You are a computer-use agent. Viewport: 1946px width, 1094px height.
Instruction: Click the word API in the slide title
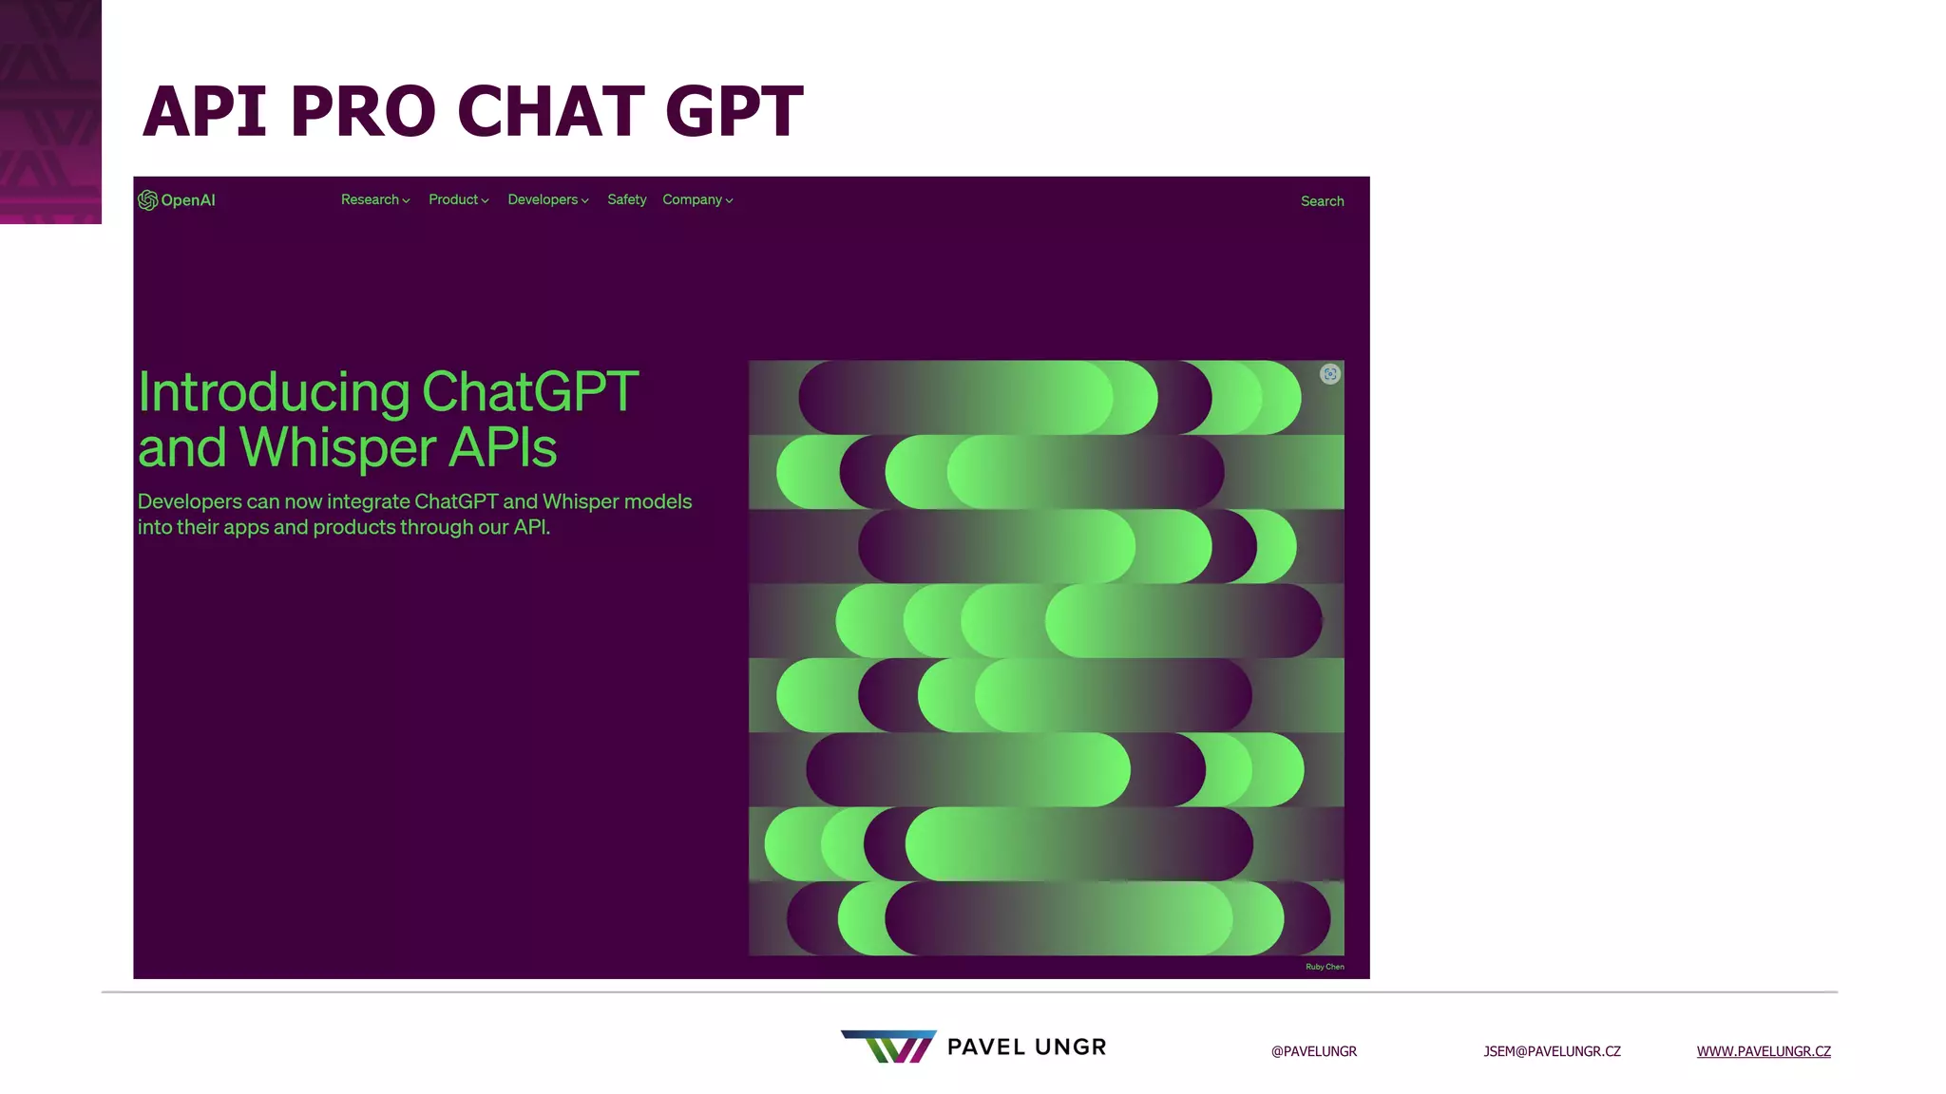(x=204, y=111)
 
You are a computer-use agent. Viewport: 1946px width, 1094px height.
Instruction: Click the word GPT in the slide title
(x=734, y=111)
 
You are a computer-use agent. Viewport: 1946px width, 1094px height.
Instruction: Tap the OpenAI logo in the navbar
(x=177, y=200)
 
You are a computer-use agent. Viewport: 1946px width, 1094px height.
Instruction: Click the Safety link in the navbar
(x=626, y=199)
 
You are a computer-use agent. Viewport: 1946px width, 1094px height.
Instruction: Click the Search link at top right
(x=1322, y=201)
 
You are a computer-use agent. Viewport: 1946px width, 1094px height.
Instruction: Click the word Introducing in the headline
(x=274, y=392)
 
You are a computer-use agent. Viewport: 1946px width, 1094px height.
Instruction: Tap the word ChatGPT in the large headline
(x=529, y=392)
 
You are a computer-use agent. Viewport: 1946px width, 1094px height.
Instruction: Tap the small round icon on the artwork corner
(x=1329, y=374)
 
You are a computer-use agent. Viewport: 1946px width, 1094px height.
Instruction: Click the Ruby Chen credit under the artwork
(x=1325, y=967)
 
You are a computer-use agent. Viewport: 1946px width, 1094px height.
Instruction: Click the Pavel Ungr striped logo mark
(x=888, y=1046)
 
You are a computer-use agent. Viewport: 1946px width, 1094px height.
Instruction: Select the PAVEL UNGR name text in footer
(x=1026, y=1047)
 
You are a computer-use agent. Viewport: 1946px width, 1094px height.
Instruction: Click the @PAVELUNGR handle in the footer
(x=1313, y=1051)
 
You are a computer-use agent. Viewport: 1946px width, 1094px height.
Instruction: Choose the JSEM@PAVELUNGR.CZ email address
(x=1552, y=1051)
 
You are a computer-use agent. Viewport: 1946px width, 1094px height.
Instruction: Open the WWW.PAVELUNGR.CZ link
(x=1763, y=1051)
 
